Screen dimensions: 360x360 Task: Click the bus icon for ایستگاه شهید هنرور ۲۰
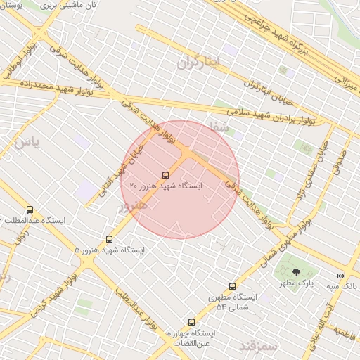[165, 175]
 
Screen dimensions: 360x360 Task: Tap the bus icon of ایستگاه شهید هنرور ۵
[109, 239]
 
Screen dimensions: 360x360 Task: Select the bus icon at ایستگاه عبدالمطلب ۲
[30, 210]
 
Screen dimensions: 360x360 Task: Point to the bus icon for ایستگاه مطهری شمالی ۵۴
[233, 286]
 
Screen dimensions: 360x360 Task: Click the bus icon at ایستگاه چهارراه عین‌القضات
[191, 321]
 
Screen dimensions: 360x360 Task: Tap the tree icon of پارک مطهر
[296, 271]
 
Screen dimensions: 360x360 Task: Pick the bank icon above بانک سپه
[342, 276]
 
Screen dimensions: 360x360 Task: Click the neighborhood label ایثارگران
[199, 63]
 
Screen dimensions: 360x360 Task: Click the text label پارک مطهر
[296, 283]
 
